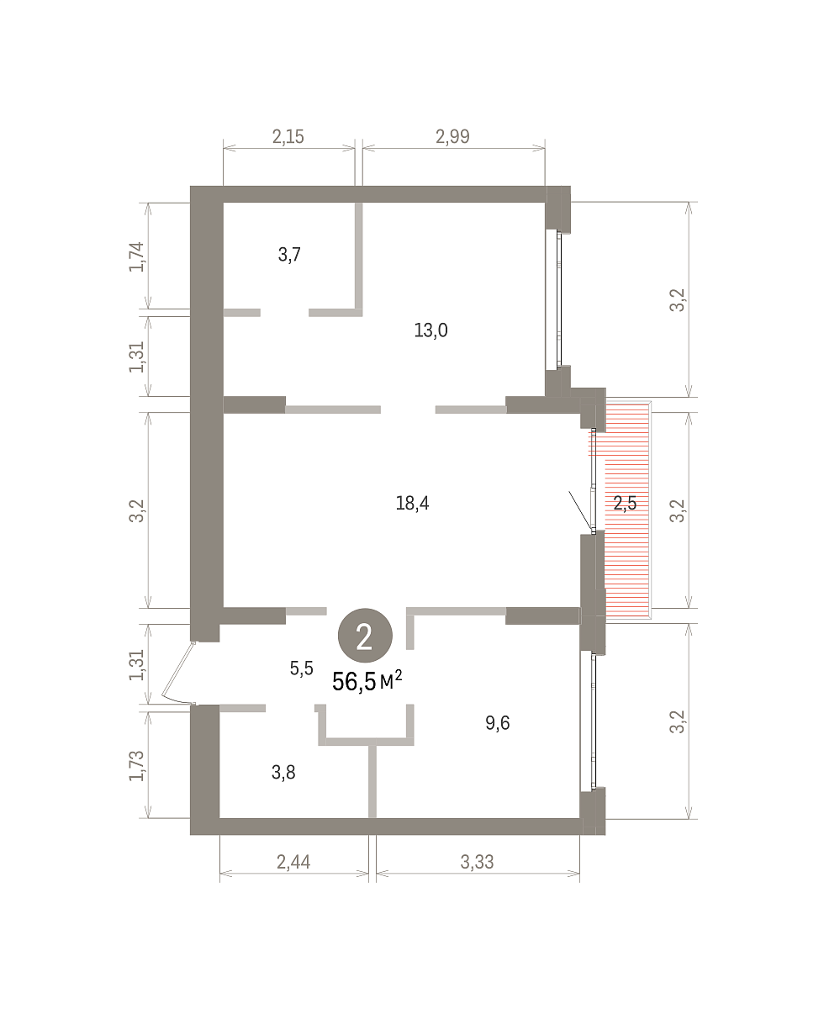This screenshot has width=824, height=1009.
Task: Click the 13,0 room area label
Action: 430,330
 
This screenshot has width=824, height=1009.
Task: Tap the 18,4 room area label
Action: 412,504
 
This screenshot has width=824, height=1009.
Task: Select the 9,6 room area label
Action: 497,723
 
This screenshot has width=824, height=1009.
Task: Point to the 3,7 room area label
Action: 289,255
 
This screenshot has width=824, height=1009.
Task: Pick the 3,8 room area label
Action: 283,772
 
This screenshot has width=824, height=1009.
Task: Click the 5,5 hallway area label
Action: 302,668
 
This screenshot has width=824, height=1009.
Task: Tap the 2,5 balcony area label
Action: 625,504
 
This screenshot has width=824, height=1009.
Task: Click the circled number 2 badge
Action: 365,636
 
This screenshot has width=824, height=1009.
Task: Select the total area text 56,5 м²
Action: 367,681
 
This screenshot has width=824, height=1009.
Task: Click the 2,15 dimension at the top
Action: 288,137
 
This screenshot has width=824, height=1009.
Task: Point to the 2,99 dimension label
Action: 452,137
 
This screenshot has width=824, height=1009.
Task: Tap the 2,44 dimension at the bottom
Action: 293,862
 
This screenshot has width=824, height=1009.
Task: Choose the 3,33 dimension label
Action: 477,862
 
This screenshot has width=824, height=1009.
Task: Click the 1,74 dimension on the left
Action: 136,257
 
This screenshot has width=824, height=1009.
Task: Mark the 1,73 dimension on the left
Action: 136,766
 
